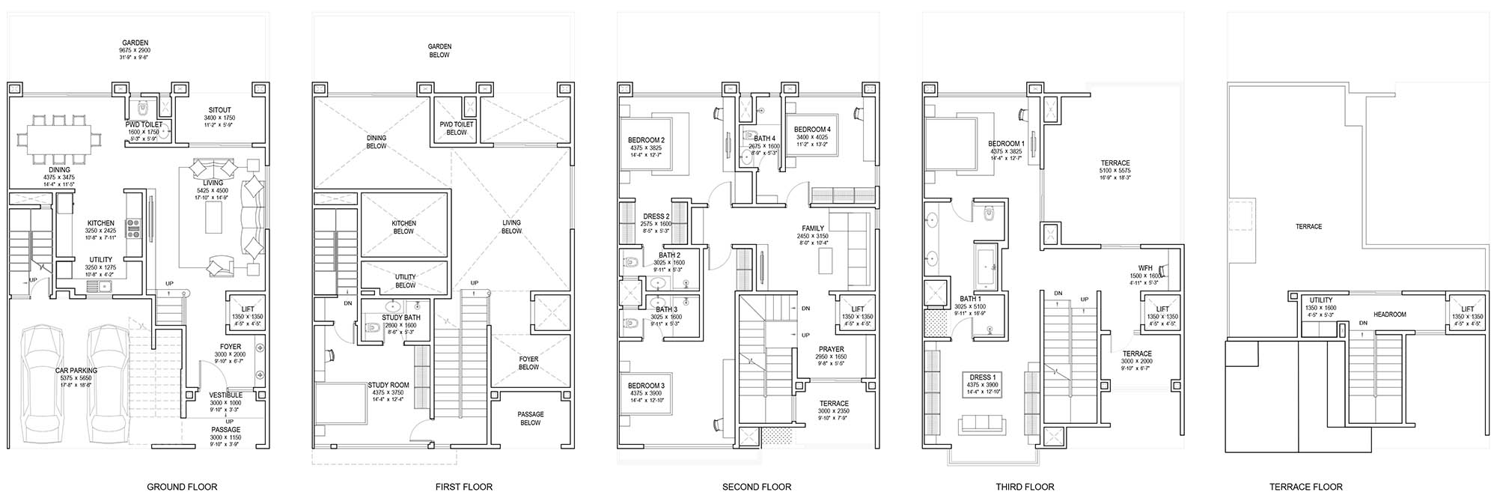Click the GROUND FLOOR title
click(x=182, y=487)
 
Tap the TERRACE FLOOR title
click(x=1305, y=487)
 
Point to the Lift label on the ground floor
click(x=248, y=309)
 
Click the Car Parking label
click(x=76, y=370)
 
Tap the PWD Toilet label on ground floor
click(x=144, y=125)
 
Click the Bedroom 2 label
click(x=646, y=140)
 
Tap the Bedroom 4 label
click(x=812, y=129)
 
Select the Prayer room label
click(x=831, y=349)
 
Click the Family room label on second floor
click(x=812, y=228)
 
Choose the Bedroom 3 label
click(x=646, y=386)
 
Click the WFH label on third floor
click(x=1144, y=268)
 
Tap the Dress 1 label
click(x=983, y=377)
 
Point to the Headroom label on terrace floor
click(x=1389, y=315)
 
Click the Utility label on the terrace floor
click(x=1320, y=300)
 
